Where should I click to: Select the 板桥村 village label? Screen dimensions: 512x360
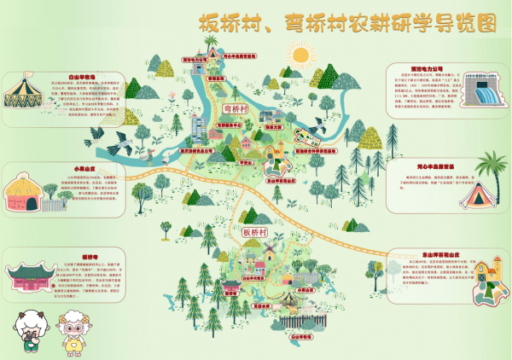coord(255,231)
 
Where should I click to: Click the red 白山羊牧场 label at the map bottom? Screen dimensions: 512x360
coord(299,338)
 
